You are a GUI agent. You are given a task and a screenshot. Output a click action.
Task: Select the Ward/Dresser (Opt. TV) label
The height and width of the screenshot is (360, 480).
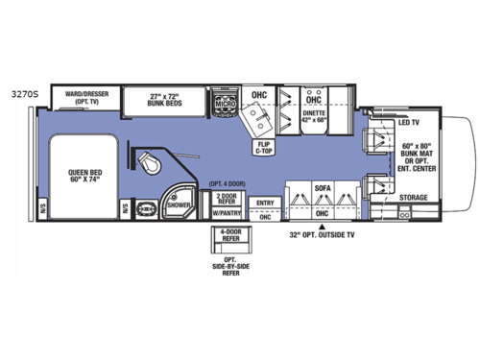point(78,98)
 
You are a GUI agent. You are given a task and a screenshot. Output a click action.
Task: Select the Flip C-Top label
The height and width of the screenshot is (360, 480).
point(264,146)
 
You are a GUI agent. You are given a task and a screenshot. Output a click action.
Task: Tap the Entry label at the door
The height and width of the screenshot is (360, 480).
point(265,203)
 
